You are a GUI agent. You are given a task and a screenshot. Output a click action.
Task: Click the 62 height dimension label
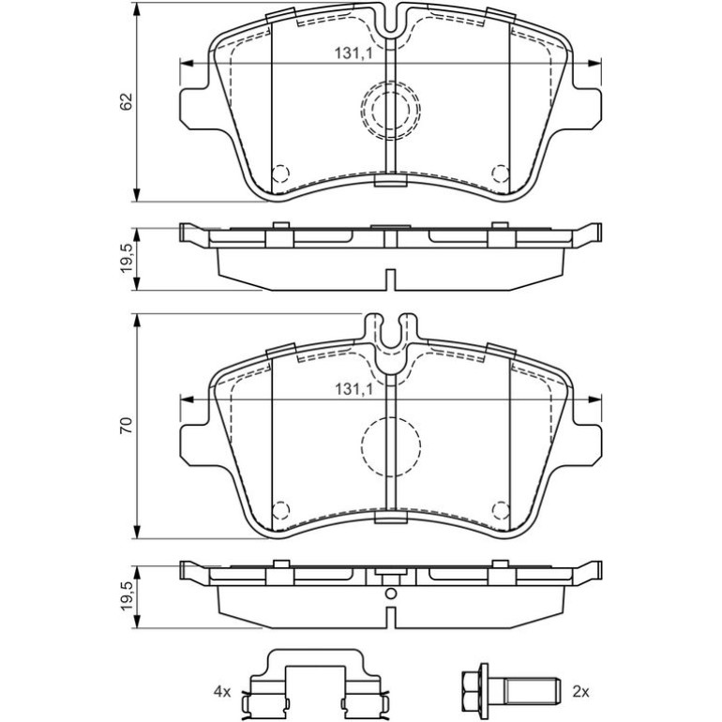[127, 101]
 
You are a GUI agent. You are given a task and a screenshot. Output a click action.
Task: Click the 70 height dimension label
[127, 425]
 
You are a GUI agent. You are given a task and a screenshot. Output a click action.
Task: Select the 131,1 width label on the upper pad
[353, 53]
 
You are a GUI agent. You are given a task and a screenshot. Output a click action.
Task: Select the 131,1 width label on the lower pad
[353, 390]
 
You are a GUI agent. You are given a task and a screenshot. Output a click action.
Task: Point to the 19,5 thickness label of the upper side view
[127, 259]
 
